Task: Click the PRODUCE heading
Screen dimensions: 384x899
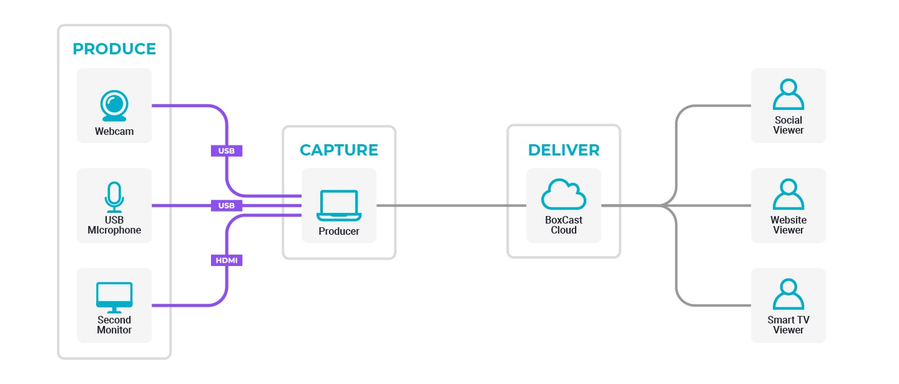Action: (114, 49)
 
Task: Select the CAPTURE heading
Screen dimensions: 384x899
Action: (339, 150)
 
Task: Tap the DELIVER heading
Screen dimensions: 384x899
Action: (564, 150)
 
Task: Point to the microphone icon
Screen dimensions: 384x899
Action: (114, 197)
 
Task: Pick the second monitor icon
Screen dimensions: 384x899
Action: (114, 297)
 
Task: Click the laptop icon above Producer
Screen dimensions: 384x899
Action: (339, 205)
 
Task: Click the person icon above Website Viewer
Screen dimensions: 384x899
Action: (788, 195)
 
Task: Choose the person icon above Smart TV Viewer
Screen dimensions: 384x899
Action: (788, 295)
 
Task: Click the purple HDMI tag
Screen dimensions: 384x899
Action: (227, 260)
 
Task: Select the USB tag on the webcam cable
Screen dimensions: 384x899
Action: (227, 150)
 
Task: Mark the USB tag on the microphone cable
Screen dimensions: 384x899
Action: (227, 205)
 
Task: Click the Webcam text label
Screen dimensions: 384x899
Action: (114, 132)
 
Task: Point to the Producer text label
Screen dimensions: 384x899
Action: (339, 232)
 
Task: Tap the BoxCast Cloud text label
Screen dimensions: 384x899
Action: (564, 225)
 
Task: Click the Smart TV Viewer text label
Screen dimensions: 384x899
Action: (788, 325)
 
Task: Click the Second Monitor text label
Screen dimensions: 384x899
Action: (114, 325)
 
